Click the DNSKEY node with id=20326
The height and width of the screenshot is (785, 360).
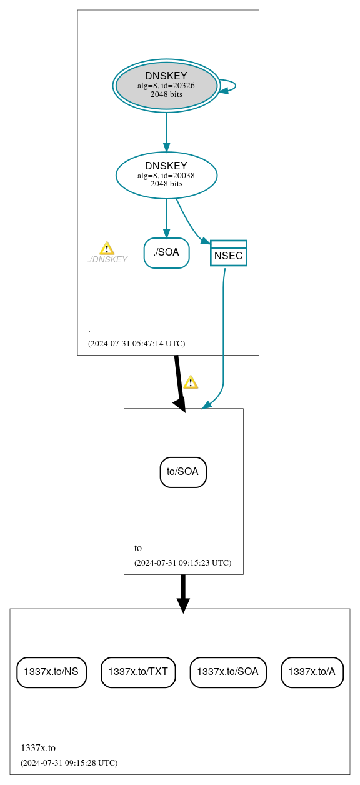click(166, 86)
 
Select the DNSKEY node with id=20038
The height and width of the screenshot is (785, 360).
click(166, 175)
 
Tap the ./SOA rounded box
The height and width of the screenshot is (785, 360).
click(166, 253)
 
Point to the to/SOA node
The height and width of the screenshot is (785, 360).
click(183, 472)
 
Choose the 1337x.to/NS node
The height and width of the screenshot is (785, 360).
click(51, 672)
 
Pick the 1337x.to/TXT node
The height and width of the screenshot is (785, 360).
click(138, 672)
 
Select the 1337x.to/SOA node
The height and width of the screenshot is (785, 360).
click(228, 672)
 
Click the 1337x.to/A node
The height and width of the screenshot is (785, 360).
click(312, 672)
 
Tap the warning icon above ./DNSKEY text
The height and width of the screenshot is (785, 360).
click(107, 248)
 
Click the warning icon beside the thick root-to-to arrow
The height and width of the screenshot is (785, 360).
click(191, 382)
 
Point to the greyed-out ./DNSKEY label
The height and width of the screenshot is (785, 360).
click(107, 260)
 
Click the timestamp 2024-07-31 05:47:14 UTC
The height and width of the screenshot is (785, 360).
click(136, 344)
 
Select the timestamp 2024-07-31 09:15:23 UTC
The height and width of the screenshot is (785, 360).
click(182, 562)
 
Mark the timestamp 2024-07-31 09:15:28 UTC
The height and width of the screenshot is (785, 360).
click(69, 762)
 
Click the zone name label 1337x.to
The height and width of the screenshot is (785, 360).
click(38, 747)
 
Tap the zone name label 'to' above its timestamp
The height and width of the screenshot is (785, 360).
click(138, 548)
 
